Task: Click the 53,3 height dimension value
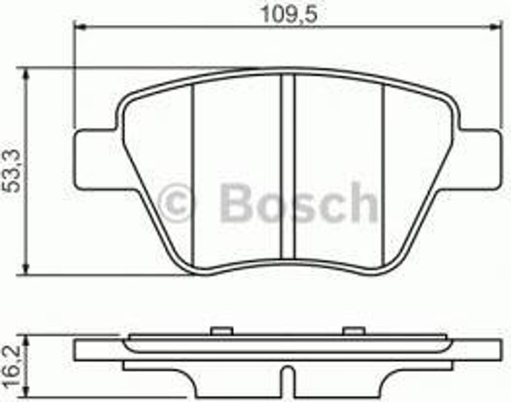coord(11,173)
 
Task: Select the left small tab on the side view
coord(222,331)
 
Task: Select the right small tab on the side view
coord(354,331)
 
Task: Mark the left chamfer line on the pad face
coord(193,175)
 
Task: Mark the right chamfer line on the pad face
coord(383,175)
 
